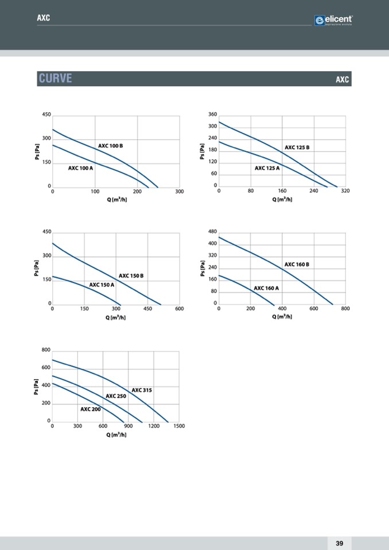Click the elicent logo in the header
[333, 21]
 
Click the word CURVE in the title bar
[55, 79]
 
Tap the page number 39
[339, 543]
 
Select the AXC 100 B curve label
[110, 146]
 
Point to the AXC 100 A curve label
[80, 168]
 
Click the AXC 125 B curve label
[297, 148]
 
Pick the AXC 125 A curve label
[267, 168]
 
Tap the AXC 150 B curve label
[131, 276]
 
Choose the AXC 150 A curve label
[102, 284]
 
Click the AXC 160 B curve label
[297, 264]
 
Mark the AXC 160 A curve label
[266, 288]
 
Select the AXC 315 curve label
[142, 390]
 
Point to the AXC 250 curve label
[116, 396]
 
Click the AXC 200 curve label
[90, 409]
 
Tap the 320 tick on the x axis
[345, 191]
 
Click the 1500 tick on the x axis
[178, 426]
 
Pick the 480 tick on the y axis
[212, 231]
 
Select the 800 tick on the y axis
[46, 349]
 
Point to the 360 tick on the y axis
[212, 115]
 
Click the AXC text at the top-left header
[44, 18]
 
